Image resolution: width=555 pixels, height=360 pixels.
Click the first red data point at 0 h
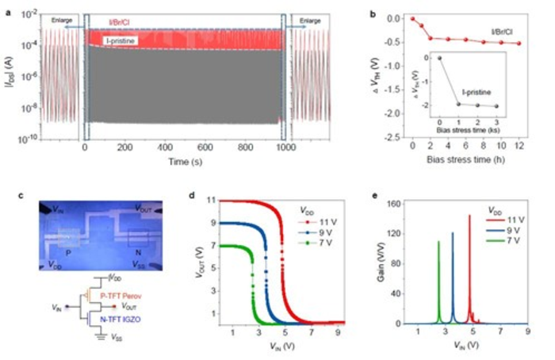click(412, 17)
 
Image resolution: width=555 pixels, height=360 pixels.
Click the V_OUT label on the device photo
click(145, 209)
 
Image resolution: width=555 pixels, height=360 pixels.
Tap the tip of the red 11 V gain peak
click(469, 215)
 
